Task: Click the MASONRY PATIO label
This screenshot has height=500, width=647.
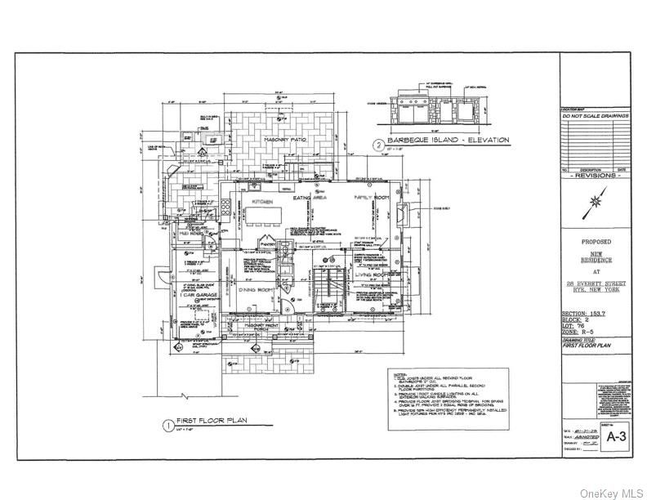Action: point(284,141)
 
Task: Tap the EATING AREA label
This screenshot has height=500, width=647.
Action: point(314,199)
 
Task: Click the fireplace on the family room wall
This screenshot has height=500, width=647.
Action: point(422,214)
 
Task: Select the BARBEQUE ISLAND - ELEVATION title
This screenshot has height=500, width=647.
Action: point(448,141)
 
